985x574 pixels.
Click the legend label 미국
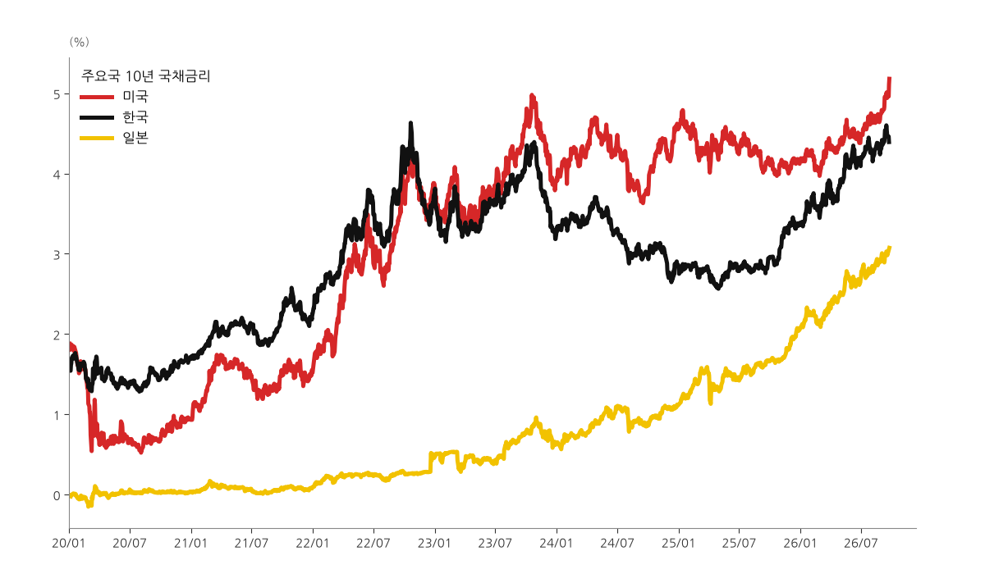click(135, 96)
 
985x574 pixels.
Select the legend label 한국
click(135, 116)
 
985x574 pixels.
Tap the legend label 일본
click(135, 138)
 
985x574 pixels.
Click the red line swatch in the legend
click(97, 97)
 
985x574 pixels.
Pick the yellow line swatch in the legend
click(97, 138)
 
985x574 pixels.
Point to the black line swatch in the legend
click(97, 117)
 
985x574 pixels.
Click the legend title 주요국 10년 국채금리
click(146, 76)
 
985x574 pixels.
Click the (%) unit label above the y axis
click(79, 42)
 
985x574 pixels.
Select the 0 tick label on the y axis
click(57, 495)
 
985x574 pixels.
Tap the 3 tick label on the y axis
click(57, 255)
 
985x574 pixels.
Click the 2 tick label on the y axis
click(57, 335)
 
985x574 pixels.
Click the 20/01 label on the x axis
click(69, 544)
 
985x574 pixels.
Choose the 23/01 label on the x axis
click(434, 544)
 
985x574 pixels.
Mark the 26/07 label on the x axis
click(860, 544)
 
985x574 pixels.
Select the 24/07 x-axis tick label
click(617, 544)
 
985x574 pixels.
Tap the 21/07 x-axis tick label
click(251, 544)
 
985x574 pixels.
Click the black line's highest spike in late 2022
click(411, 123)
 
